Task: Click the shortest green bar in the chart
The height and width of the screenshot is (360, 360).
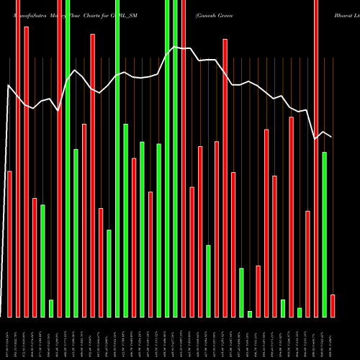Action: coord(250,314)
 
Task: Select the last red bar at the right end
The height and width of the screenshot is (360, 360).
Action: coord(333,306)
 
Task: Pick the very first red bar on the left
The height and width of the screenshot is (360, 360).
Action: coord(9,244)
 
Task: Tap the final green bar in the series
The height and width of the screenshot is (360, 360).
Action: coord(325,235)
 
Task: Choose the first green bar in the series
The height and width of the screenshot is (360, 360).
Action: coord(42,261)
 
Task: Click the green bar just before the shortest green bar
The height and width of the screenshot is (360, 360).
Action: coord(242,292)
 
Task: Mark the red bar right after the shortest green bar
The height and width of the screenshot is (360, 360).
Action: coord(258,292)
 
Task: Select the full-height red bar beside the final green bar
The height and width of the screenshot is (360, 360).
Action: coord(316,158)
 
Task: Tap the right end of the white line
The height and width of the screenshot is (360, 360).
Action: coord(332,136)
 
